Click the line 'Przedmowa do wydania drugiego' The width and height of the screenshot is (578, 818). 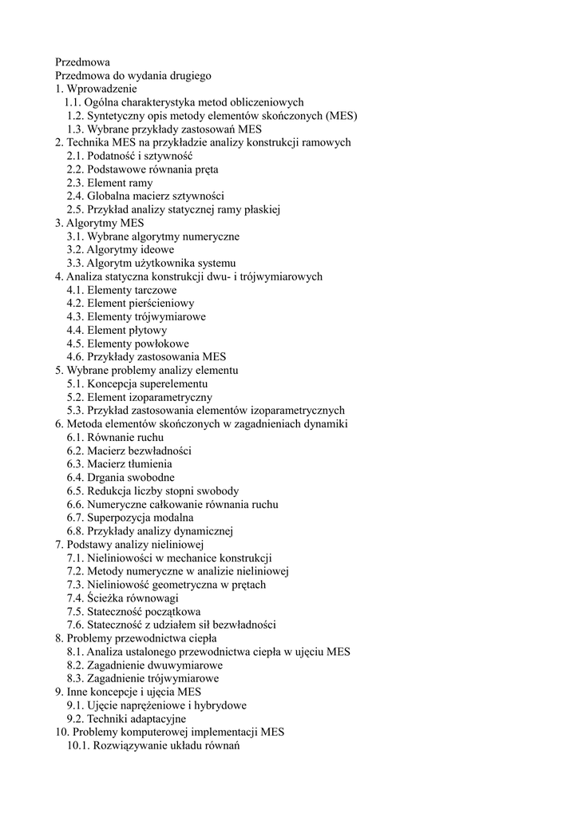click(133, 76)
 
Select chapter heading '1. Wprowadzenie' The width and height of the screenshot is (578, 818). click(96, 89)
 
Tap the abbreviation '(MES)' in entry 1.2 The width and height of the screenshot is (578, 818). click(341, 116)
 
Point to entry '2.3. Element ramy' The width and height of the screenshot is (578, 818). click(109, 183)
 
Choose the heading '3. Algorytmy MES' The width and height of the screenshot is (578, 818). click(99, 223)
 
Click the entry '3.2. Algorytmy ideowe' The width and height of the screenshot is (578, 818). click(121, 250)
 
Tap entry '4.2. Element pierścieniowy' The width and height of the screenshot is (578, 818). click(130, 304)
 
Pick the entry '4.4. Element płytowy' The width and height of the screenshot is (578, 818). click(117, 330)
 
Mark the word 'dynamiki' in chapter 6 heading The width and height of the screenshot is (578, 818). click(325, 424)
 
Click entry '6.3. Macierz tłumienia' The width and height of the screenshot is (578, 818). click(119, 464)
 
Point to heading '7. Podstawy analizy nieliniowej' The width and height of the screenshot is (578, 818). click(129, 545)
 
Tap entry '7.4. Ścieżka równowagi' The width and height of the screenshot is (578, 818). click(122, 598)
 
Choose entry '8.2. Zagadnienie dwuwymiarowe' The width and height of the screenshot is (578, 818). click(144, 665)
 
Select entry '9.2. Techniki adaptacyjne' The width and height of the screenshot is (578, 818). click(126, 719)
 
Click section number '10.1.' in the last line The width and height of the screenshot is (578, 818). click(78, 746)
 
